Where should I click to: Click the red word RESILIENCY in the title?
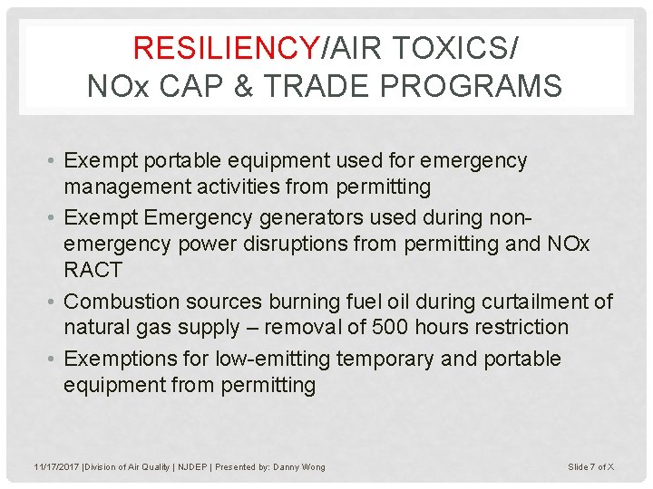224,47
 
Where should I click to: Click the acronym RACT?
93,271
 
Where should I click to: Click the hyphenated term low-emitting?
272,359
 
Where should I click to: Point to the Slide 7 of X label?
591,466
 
